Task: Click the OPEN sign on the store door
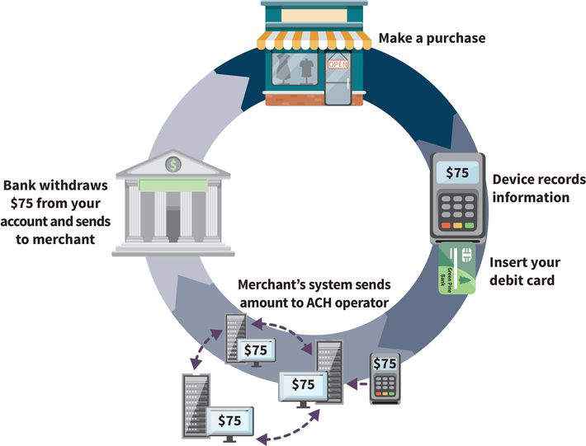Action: pyautogui.click(x=338, y=63)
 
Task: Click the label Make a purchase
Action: pyautogui.click(x=432, y=38)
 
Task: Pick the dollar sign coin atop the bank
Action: pyautogui.click(x=172, y=164)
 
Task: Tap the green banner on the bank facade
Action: pyautogui.click(x=172, y=185)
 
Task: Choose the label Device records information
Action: pyautogui.click(x=538, y=188)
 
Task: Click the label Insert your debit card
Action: pyautogui.click(x=524, y=271)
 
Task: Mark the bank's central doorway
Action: pyautogui.click(x=172, y=223)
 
